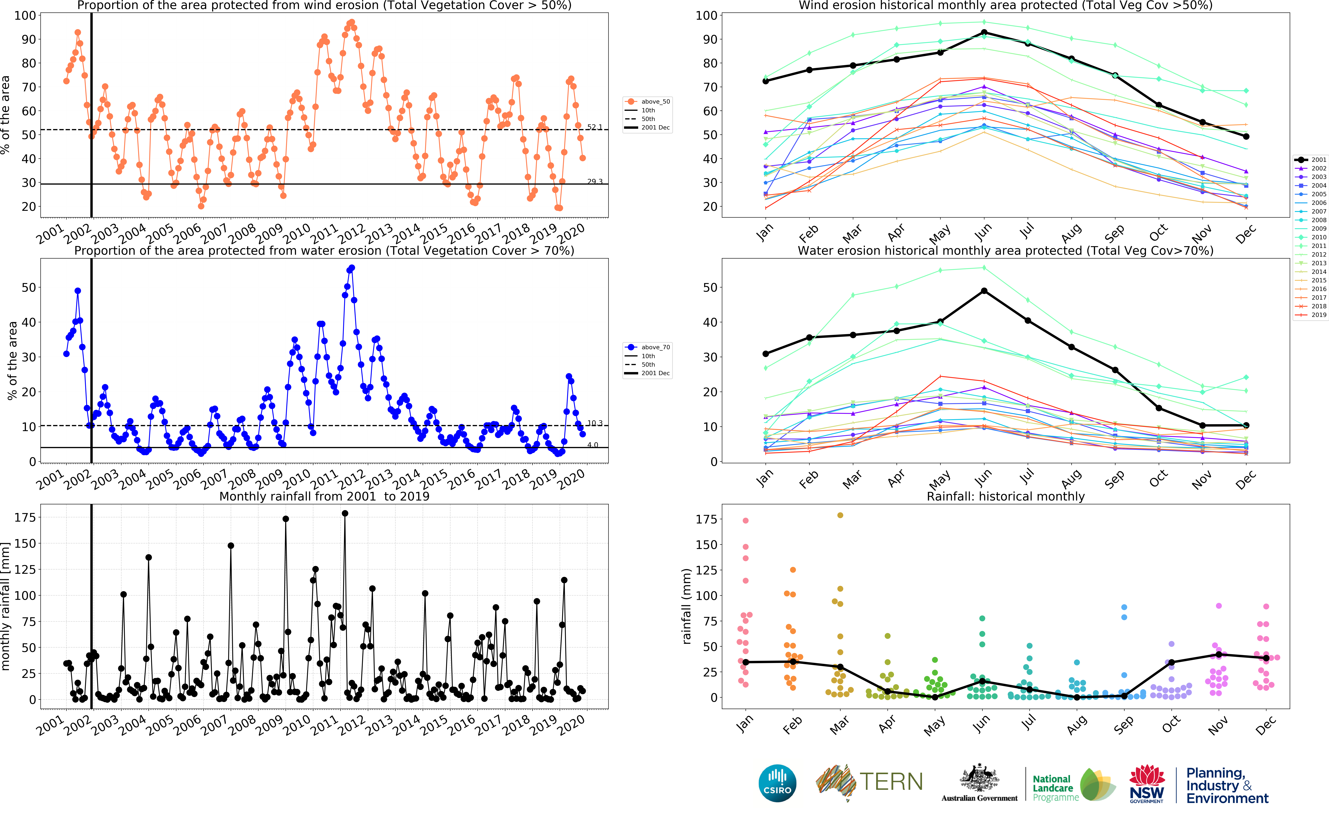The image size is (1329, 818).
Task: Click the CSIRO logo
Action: [777, 783]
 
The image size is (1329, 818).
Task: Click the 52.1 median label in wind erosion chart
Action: [594, 127]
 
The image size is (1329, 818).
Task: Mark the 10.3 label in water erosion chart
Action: [594, 423]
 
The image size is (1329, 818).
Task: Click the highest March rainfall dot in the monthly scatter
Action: [840, 515]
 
